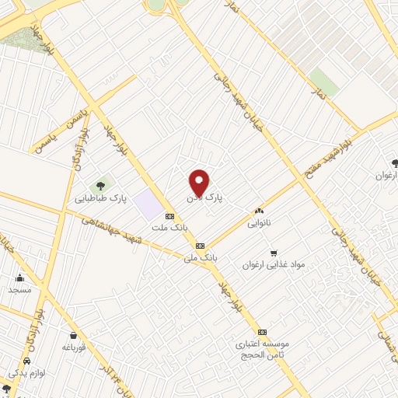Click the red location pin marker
point(200,182)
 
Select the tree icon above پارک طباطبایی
point(100,185)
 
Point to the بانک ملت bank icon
point(169,215)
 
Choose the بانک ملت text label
point(169,227)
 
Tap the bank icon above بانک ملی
point(201,244)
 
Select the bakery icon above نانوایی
point(259,211)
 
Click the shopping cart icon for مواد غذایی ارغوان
point(273,253)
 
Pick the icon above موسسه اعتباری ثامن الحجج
point(262,331)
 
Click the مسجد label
point(19,289)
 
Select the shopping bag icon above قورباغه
point(73,335)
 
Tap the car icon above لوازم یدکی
point(27,362)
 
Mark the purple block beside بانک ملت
point(147,204)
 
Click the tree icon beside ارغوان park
point(396,163)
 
